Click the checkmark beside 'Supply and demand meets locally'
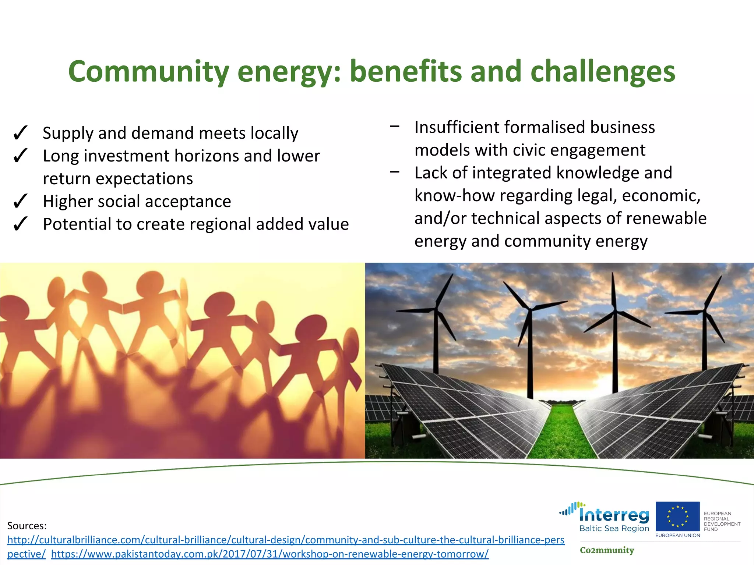tap(20, 133)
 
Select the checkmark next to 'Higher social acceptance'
tap(20, 201)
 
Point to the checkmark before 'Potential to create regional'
tap(20, 224)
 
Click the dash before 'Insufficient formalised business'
tap(395, 127)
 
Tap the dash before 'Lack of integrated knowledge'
tap(395, 172)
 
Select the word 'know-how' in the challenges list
tap(454, 196)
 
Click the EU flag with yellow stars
tap(677, 516)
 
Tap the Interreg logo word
tap(614, 515)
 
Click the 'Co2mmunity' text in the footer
tap(607, 550)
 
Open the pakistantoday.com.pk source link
tap(269, 554)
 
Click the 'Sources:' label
tap(27, 526)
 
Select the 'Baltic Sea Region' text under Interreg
tap(614, 529)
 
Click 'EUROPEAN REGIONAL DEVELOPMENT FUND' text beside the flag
tap(721, 521)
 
